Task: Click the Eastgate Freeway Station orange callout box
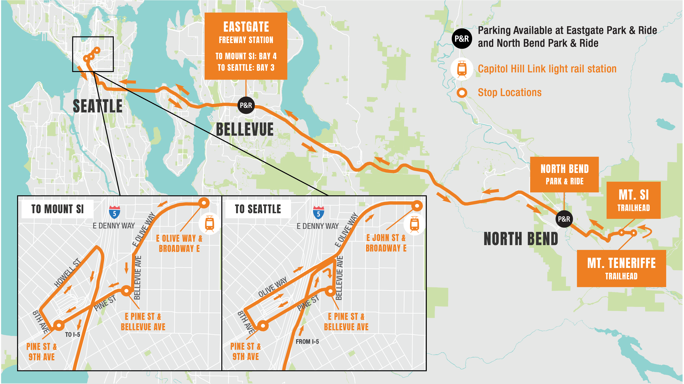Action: (246, 46)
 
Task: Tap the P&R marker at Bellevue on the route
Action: (246, 105)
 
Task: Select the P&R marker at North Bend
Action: (564, 219)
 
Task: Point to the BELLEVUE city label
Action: (245, 129)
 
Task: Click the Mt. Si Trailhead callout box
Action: (634, 200)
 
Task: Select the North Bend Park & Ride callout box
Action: (564, 174)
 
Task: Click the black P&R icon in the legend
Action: (462, 38)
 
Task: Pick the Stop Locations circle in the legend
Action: (462, 93)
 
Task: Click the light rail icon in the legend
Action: (462, 69)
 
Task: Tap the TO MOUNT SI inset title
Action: (57, 209)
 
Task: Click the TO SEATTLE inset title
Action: (258, 209)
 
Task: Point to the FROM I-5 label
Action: (307, 342)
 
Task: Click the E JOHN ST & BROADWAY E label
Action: (386, 243)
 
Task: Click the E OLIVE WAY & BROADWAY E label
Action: (179, 243)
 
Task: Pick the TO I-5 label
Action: (72, 334)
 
